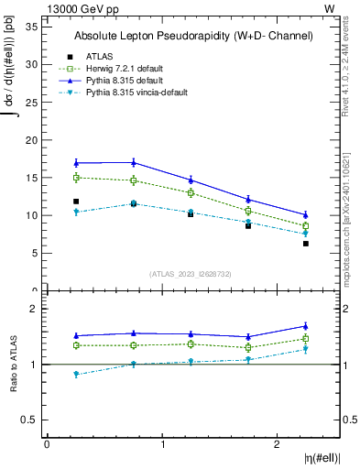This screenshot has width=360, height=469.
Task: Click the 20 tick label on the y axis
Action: click(31, 140)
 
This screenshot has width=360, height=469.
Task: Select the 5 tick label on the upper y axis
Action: click(34, 253)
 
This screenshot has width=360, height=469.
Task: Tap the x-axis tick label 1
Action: click(162, 444)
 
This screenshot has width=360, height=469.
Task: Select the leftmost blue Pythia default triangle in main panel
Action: click(76, 163)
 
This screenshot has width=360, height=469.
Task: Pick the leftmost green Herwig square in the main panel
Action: click(76, 178)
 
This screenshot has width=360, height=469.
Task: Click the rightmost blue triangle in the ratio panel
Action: click(306, 326)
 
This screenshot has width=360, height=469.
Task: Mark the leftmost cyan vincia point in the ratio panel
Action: click(76, 374)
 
